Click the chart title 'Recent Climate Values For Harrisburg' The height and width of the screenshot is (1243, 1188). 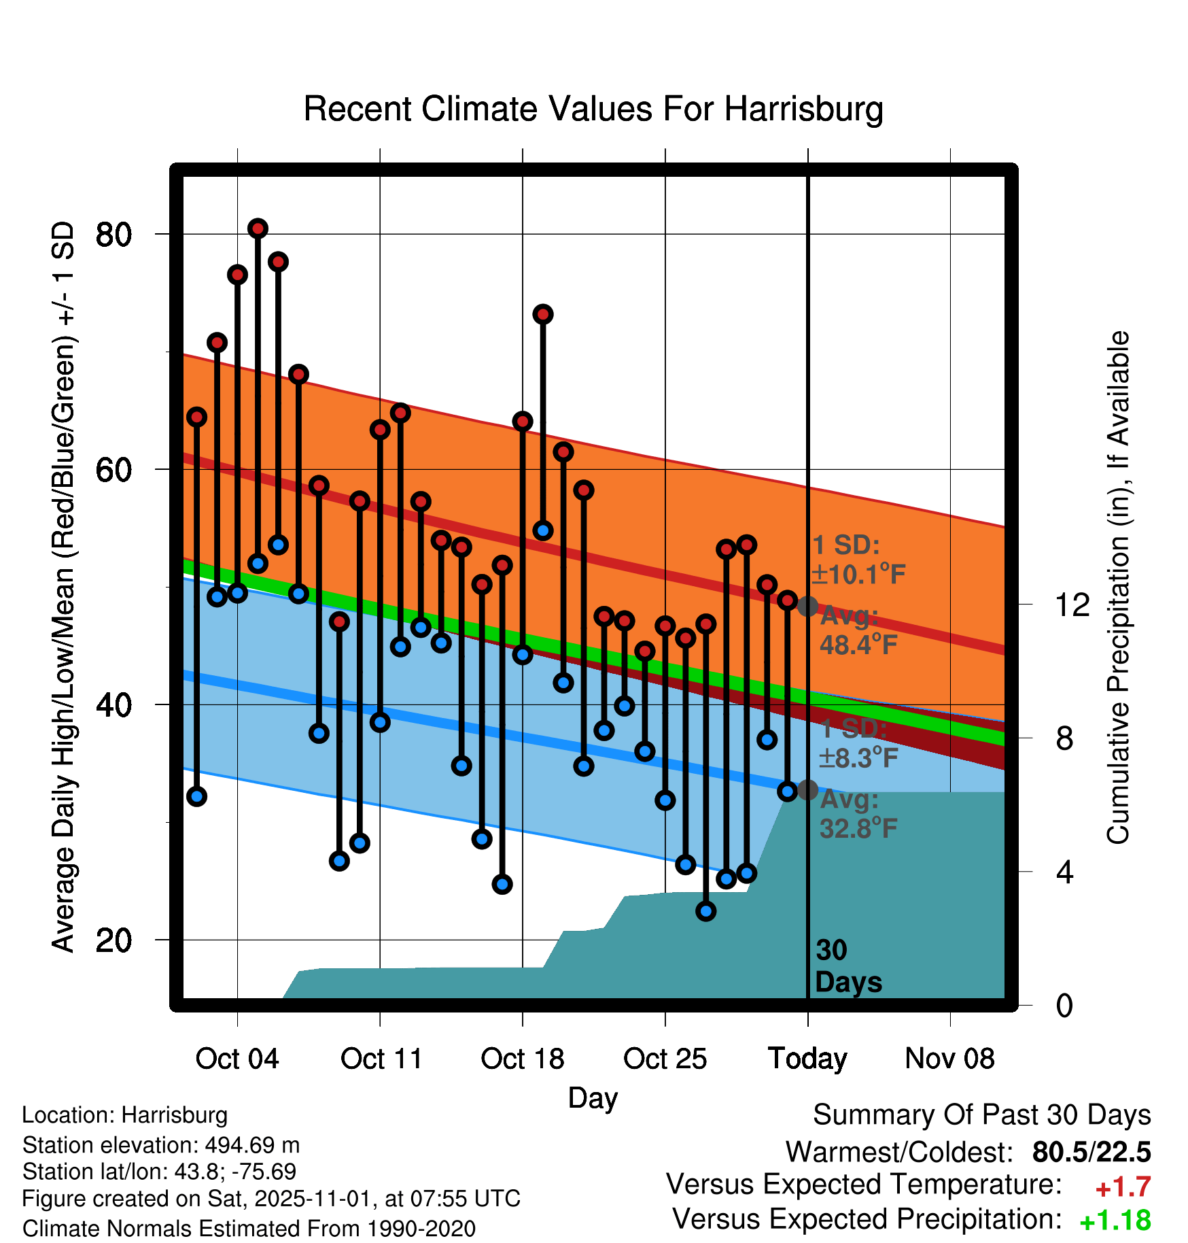pos(593,109)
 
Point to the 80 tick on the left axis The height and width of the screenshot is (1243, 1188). pos(113,235)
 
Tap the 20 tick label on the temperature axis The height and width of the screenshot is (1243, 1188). pos(113,940)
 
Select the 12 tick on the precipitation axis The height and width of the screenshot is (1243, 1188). pos(1072,605)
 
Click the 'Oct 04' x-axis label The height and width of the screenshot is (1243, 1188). pos(237,1059)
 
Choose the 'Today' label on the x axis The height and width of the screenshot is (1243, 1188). pos(807,1059)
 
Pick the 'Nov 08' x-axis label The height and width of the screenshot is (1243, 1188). pos(949,1059)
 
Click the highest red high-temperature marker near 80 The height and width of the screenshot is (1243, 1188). pos(258,228)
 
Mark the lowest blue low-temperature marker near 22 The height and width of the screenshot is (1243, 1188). pos(706,911)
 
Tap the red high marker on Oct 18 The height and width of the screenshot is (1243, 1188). pos(523,422)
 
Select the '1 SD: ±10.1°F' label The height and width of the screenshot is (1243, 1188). pos(858,560)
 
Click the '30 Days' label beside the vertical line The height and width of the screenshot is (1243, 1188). pos(848,966)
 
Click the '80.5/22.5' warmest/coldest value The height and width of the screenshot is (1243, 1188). pos(1091,1153)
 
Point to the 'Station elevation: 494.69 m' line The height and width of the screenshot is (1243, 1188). pos(161,1146)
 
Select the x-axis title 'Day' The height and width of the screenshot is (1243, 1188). pos(593,1098)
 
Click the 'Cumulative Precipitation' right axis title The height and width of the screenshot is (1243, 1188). pos(1118,588)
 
